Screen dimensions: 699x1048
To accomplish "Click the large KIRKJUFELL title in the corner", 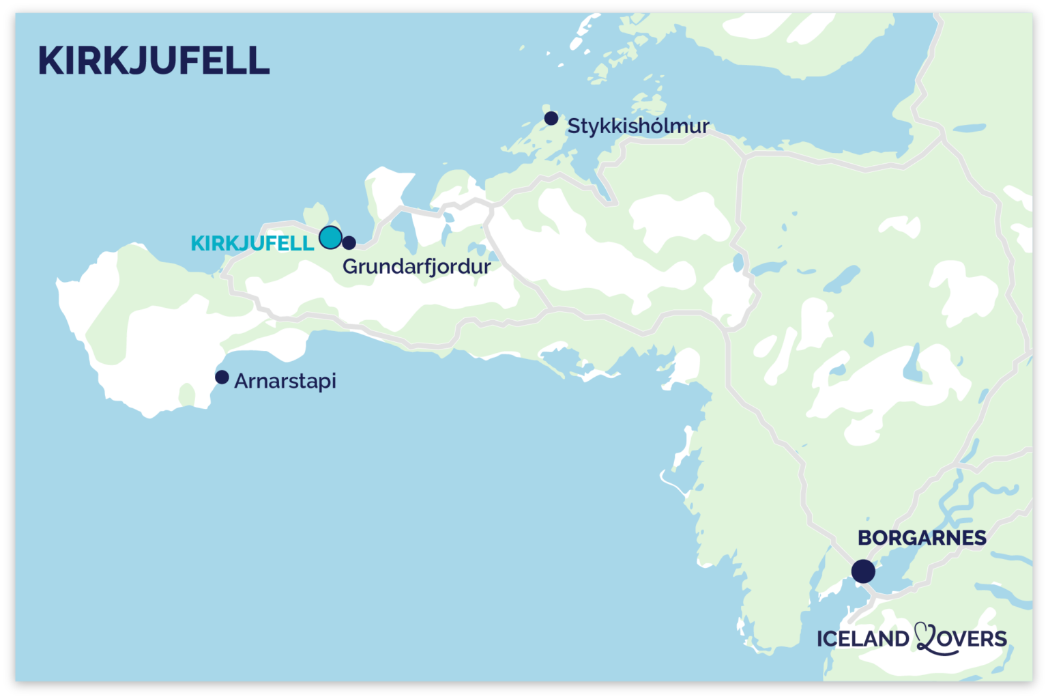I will (x=154, y=61).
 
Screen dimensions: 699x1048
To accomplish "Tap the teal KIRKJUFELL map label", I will (x=252, y=243).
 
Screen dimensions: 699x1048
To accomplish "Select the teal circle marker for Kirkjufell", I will (x=330, y=238).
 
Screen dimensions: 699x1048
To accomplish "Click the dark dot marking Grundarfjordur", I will (x=349, y=242).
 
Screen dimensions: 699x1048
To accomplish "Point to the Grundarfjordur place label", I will (x=416, y=266).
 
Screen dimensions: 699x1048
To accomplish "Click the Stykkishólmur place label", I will (x=638, y=126).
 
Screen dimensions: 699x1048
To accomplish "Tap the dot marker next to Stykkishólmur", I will (x=551, y=119).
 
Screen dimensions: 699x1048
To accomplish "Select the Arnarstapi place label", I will (x=285, y=381).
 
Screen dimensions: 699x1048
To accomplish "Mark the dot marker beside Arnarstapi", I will (x=222, y=377).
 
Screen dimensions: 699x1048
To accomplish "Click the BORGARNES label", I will (x=922, y=538).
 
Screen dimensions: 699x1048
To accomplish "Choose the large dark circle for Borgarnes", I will (x=863, y=571).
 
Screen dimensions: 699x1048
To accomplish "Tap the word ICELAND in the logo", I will (x=862, y=639).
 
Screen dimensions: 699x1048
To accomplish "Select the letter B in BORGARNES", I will (x=865, y=538).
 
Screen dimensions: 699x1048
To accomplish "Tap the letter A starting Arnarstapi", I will (x=241, y=380).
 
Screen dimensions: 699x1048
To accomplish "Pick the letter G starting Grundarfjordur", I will (x=351, y=266).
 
